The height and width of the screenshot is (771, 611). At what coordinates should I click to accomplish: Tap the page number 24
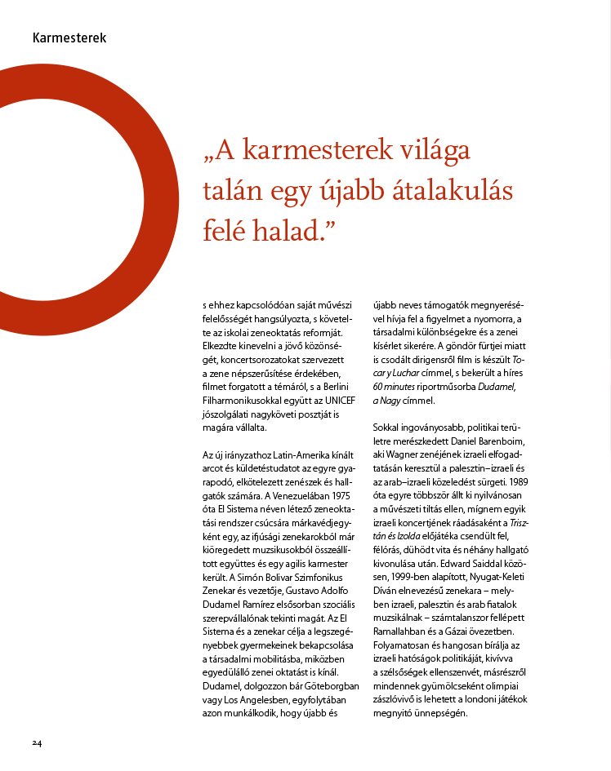tap(38, 742)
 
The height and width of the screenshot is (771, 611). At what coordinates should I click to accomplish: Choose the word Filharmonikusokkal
tap(243, 401)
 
